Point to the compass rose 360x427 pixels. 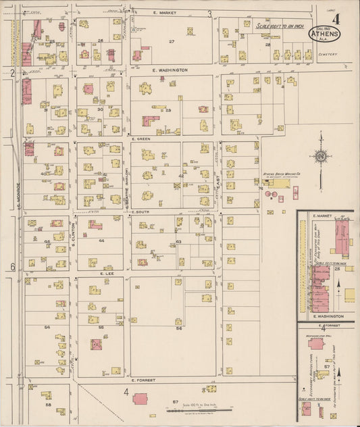(x=320, y=157)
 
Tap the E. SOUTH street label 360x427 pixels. (x=140, y=211)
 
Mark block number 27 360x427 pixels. (x=172, y=42)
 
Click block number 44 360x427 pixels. (x=101, y=241)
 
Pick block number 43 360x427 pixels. (x=178, y=241)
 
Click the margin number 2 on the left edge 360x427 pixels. (x=12, y=71)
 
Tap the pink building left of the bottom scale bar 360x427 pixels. (x=142, y=399)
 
